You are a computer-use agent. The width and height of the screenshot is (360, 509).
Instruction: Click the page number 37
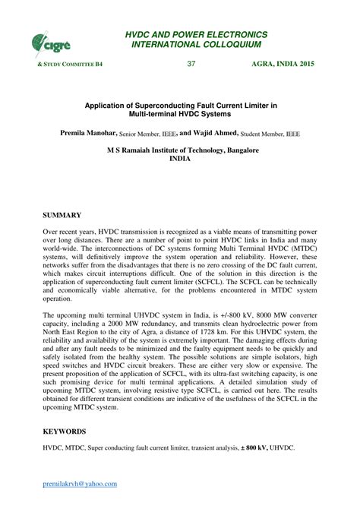[x=191, y=63]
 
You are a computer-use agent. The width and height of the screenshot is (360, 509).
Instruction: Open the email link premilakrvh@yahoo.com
[x=80, y=483]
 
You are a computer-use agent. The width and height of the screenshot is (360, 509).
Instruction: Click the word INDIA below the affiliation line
[x=180, y=160]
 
